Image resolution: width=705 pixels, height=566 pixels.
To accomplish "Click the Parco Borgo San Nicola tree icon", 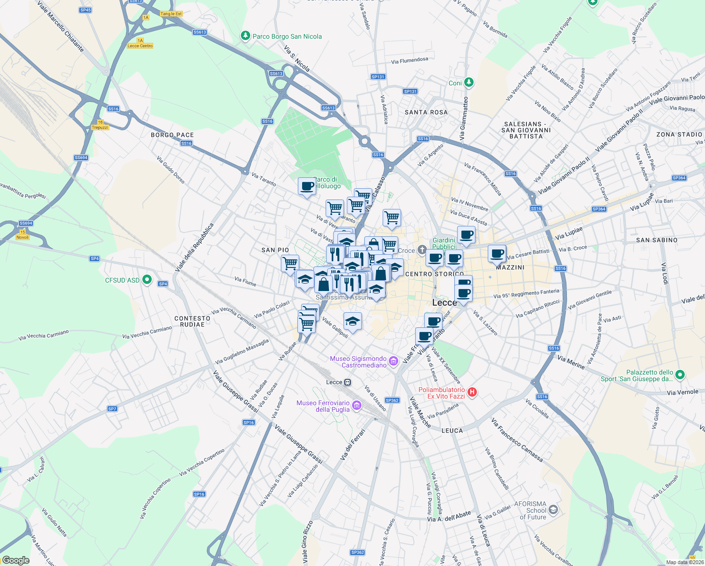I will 245,36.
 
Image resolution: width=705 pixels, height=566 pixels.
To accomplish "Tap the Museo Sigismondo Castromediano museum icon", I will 394,362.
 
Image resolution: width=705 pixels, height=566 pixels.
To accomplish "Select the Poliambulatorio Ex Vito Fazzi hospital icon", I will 472,392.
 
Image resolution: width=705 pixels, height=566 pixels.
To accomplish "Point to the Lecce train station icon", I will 348,382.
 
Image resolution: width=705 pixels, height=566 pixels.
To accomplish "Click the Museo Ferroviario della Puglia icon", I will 357,406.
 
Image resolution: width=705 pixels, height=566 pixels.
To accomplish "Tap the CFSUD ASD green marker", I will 147,280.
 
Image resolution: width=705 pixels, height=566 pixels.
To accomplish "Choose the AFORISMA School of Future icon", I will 553,510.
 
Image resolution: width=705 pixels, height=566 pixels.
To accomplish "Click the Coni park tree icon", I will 468,83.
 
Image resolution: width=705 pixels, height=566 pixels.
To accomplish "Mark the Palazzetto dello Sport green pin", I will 680,375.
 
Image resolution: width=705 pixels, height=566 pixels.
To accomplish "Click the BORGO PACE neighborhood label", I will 172,135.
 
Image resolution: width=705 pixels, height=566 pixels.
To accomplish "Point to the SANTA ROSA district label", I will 426,112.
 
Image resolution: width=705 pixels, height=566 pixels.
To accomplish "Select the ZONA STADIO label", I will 679,134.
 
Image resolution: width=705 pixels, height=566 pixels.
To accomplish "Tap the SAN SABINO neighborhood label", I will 656,240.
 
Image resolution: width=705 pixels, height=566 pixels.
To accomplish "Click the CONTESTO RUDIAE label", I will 192,321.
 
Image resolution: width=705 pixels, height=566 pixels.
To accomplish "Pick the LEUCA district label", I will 452,431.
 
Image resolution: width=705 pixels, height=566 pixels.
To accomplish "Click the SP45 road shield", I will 85,10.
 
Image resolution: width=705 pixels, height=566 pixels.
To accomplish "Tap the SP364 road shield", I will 679,178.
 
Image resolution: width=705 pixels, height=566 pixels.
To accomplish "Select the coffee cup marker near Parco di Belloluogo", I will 307,186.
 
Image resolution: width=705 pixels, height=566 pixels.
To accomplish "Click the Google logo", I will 16,560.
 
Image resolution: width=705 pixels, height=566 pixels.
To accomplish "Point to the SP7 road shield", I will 112,409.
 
